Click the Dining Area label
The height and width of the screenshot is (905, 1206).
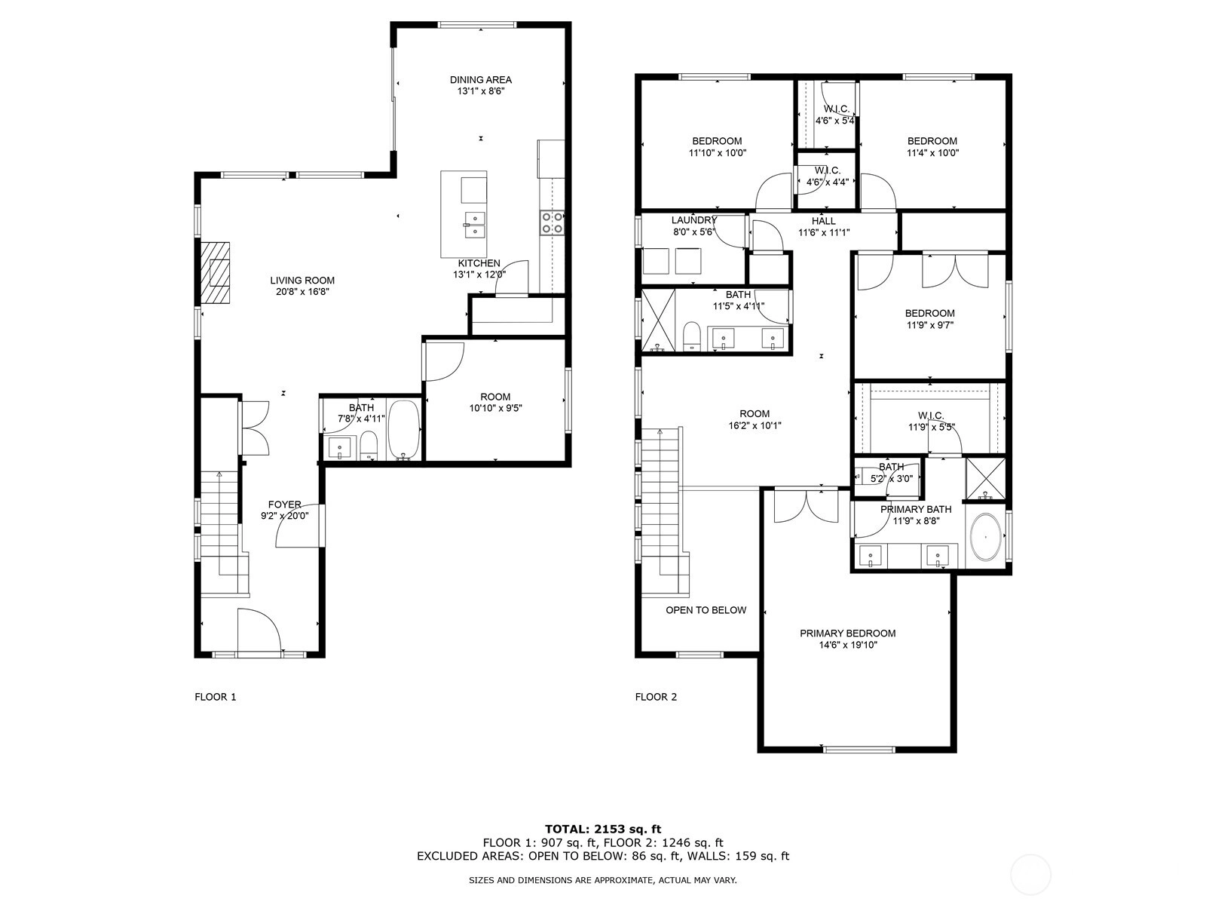click(481, 80)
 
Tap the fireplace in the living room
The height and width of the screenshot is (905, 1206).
click(214, 272)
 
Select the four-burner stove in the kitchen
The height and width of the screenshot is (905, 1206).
click(552, 223)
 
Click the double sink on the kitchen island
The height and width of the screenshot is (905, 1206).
click(475, 225)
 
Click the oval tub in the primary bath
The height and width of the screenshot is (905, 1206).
click(986, 537)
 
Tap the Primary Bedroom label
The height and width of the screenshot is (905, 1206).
click(847, 633)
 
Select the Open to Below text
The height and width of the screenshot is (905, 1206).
click(706, 610)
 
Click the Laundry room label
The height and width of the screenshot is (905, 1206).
click(694, 220)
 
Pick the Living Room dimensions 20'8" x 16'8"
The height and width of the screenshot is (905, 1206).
click(302, 292)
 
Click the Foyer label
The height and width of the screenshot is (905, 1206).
click(285, 505)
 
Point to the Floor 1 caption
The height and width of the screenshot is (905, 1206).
click(216, 697)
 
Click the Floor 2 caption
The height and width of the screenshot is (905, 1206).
click(656, 697)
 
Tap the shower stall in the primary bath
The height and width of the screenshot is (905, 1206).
click(986, 479)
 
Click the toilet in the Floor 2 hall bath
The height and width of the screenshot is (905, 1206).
click(691, 336)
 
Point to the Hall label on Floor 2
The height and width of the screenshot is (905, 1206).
click(824, 221)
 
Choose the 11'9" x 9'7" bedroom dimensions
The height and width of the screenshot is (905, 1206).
click(929, 325)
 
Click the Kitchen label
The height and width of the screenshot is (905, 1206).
click(479, 263)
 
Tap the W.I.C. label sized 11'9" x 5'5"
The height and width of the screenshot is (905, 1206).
click(931, 416)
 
